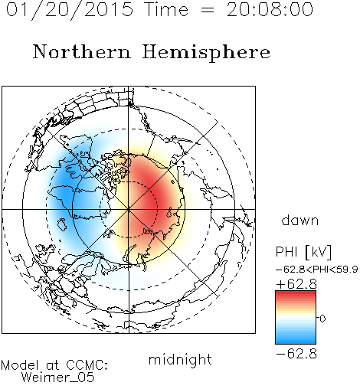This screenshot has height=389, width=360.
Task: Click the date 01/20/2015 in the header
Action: (70, 10)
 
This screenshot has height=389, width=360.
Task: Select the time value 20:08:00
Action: (270, 10)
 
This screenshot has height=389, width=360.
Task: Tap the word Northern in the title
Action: (81, 51)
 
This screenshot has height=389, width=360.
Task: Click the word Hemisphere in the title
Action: (206, 53)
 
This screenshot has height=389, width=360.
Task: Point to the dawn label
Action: (300, 220)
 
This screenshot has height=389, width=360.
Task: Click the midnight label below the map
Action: (180, 359)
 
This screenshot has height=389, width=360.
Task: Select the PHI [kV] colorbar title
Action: (303, 252)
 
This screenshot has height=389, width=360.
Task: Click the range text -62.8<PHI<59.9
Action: (316, 270)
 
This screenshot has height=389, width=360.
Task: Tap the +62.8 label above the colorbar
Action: (296, 284)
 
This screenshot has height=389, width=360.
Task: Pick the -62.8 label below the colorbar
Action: (296, 354)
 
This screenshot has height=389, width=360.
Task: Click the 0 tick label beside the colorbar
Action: (322, 319)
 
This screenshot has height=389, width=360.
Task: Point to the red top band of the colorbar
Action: (296, 294)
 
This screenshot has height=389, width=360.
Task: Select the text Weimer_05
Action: (57, 378)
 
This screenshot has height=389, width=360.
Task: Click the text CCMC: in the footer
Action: (87, 365)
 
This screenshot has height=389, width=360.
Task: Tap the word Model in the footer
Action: (20, 365)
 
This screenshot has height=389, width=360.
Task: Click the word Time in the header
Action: (166, 10)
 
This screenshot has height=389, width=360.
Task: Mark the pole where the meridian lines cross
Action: (129, 209)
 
